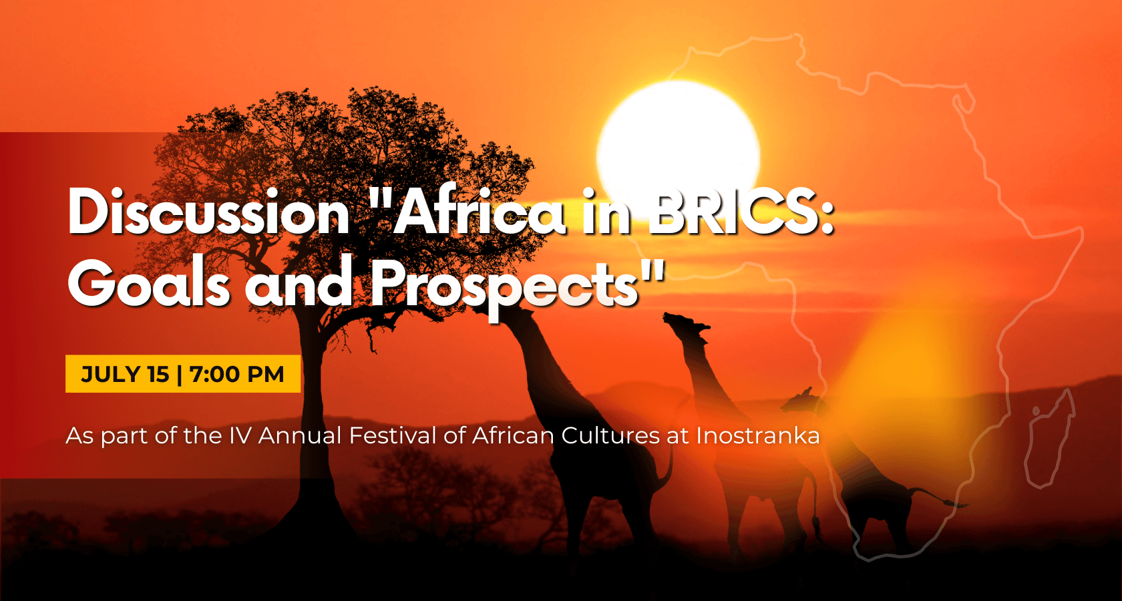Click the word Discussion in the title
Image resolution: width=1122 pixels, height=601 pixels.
pyautogui.click(x=208, y=211)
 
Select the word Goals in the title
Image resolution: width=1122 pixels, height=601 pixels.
pyautogui.click(x=148, y=282)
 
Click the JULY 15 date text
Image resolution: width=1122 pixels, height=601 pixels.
pyautogui.click(x=125, y=375)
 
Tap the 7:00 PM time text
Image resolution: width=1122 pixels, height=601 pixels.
pyautogui.click(x=237, y=375)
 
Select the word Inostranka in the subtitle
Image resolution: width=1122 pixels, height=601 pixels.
pyautogui.click(x=758, y=435)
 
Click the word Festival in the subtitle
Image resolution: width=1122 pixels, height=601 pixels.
pyautogui.click(x=392, y=435)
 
